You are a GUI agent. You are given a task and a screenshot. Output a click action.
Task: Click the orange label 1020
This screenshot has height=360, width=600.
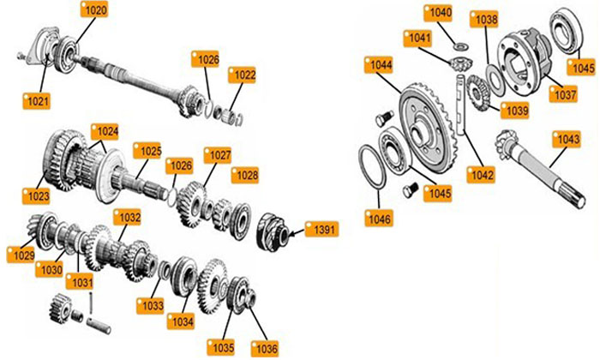pyautogui.click(x=94, y=10)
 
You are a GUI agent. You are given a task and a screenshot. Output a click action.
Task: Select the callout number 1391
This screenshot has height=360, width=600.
pyautogui.click(x=321, y=230)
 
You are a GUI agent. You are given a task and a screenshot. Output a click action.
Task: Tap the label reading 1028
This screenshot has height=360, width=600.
pyautogui.click(x=245, y=175)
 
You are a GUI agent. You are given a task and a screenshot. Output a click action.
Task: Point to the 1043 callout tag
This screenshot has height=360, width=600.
pyautogui.click(x=567, y=139)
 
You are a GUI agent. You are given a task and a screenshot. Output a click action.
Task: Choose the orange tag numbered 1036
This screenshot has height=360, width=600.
pyautogui.click(x=265, y=349)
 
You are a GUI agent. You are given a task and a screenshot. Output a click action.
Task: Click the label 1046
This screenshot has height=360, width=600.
pyautogui.click(x=379, y=219)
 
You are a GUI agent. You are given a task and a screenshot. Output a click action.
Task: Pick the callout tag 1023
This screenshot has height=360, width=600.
pyautogui.click(x=36, y=196)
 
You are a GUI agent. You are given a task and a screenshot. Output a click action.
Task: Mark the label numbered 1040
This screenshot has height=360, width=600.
pyautogui.click(x=439, y=13)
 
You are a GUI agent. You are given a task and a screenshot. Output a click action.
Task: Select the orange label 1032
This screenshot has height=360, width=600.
pyautogui.click(x=128, y=218)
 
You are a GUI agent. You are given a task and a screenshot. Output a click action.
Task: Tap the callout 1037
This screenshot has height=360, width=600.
pyautogui.click(x=563, y=94)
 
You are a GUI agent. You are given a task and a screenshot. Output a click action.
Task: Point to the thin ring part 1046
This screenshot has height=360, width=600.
pyautogui.click(x=371, y=166)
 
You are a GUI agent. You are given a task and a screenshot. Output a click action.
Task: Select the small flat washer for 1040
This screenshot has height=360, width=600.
pyautogui.click(x=461, y=46)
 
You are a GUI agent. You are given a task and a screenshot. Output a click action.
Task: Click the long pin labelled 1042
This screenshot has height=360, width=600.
pyautogui.click(x=462, y=105)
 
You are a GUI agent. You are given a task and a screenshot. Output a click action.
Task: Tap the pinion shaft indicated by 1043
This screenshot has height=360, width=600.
pyautogui.click(x=539, y=168)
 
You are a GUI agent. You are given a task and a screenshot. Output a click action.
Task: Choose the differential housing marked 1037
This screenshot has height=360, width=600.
pyautogui.click(x=525, y=61)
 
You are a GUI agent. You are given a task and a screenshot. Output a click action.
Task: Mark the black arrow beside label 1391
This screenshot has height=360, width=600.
pyautogui.click(x=297, y=231)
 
